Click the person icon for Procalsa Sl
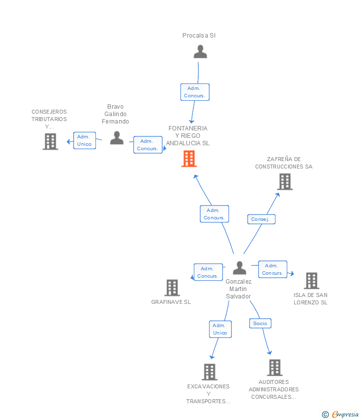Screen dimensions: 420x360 point(200,51)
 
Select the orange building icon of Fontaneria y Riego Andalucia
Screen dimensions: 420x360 point(189,159)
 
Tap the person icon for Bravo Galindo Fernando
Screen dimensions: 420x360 point(117,138)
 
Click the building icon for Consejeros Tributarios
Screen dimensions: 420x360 point(50,142)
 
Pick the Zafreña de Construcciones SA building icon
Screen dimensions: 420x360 point(284,182)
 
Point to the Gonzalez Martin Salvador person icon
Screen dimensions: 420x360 point(239,268)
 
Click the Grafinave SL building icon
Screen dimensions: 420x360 point(172,288)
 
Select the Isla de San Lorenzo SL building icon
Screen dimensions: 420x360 point(311,281)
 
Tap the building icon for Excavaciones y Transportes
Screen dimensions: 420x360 point(209,372)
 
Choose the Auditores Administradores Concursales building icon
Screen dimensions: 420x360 point(274,368)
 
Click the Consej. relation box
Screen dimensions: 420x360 point(261,219)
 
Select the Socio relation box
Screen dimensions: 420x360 point(260,323)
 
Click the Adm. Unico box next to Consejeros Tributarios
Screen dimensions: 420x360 point(85,140)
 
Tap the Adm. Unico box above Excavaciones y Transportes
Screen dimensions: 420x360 point(220,329)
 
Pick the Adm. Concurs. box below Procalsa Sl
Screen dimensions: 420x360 point(195,92)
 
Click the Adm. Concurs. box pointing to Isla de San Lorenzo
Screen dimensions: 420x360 point(272,269)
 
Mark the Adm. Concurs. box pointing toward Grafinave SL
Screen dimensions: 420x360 point(208,272)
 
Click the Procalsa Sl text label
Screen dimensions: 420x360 point(199,36)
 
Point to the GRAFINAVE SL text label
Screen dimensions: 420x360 point(171,302)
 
